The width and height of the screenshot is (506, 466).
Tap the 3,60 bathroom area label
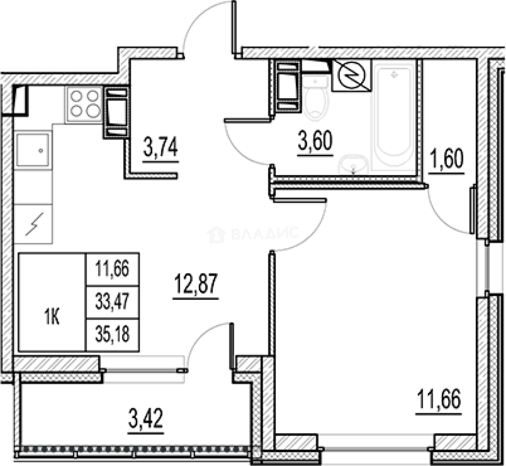315,142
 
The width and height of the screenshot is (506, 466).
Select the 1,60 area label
446,158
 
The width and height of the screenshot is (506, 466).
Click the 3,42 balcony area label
145,418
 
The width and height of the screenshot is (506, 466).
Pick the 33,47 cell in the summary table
112,302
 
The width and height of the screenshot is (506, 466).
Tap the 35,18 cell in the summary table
112,335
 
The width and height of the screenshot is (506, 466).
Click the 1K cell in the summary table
52,318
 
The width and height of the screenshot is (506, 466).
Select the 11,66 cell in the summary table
112,269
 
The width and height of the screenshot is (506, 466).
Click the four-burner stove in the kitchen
84,104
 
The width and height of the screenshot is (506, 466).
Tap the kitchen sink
33,149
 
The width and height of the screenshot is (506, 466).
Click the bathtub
393,116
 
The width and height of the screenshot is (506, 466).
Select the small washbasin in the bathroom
353,164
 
